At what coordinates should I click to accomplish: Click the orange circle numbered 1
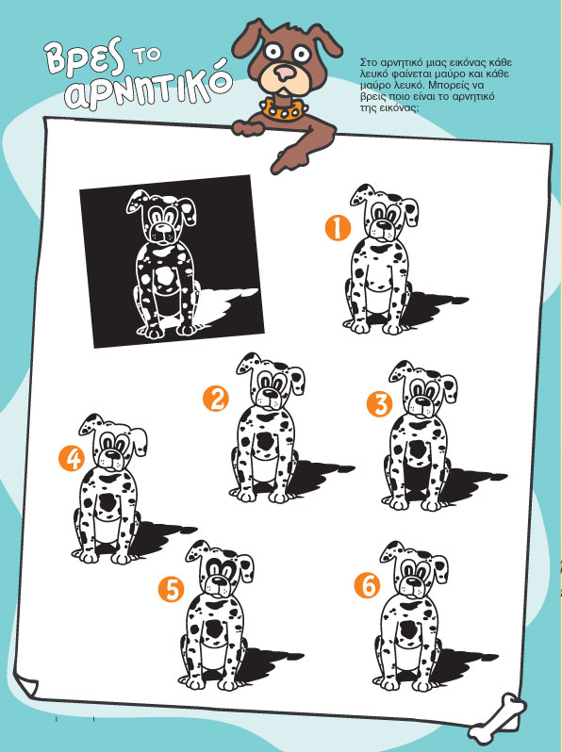point(338,227)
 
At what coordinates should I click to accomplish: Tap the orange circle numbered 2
point(216,399)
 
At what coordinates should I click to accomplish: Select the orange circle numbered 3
point(379,404)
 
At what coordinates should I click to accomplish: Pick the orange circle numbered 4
point(72,459)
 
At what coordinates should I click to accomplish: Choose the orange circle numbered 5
point(172,589)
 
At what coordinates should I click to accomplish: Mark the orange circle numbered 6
point(367,585)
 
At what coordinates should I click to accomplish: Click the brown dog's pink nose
point(285,73)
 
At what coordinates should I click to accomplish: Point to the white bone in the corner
point(497,718)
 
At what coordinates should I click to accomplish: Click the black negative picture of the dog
point(172,261)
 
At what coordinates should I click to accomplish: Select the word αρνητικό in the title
point(148,89)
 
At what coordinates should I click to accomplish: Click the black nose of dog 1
point(383,224)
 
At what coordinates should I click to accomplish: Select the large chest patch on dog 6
point(409,629)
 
